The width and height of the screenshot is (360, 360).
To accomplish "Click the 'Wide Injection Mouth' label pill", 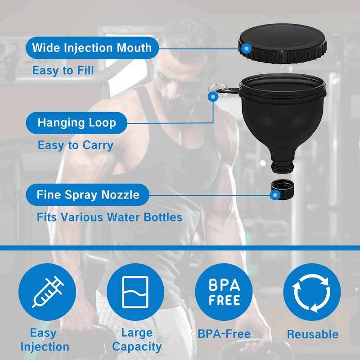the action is [92, 48].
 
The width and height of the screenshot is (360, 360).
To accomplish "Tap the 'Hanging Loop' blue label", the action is [76, 123].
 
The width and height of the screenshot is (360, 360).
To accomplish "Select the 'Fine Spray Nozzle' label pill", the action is [87, 195].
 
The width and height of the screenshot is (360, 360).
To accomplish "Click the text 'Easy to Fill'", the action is [63, 70].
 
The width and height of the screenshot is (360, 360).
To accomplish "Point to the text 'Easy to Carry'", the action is [76, 145].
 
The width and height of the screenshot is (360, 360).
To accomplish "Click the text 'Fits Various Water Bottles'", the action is [109, 217].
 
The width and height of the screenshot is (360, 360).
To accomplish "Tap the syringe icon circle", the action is [47, 292].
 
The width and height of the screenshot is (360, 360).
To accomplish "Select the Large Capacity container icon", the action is [135, 292].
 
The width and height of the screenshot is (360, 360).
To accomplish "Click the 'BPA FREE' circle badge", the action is [224, 292].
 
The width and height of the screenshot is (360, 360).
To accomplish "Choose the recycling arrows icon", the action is [312, 292].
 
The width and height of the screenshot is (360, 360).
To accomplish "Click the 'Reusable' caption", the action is [313, 334].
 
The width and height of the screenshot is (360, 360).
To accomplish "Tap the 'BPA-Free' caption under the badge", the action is [224, 334].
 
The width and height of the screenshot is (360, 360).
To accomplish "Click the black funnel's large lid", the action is [283, 44].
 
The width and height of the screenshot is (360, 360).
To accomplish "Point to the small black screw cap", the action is [283, 189].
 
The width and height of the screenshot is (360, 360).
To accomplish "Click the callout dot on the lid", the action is [247, 49].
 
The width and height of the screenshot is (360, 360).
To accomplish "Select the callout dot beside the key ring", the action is [213, 97].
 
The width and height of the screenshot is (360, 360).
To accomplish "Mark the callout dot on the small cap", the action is [275, 195].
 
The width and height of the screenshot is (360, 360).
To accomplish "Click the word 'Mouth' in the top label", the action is [134, 48].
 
